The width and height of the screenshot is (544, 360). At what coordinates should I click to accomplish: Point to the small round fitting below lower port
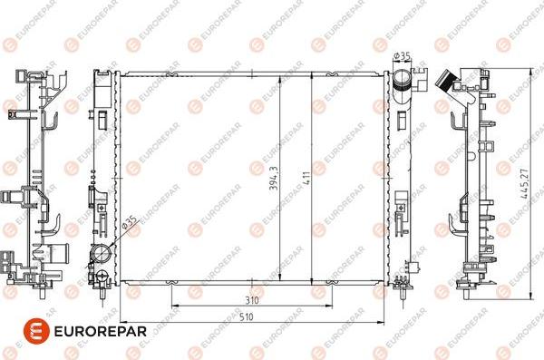(92, 267)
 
